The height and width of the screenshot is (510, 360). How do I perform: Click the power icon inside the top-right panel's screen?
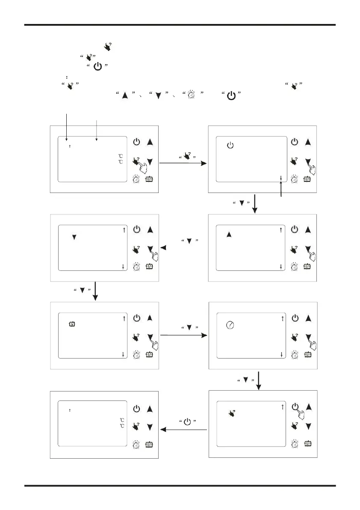tap(230, 145)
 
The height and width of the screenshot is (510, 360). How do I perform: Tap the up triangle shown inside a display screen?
tap(229, 235)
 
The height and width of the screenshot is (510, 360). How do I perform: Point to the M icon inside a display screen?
tap(72, 324)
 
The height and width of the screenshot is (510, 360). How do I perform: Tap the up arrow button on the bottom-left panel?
tap(150, 409)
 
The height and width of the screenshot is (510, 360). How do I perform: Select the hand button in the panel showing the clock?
tap(295, 337)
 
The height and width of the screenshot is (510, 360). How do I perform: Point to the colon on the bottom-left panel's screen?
tap(70, 410)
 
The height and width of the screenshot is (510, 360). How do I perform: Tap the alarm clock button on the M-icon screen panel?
tap(136, 355)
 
